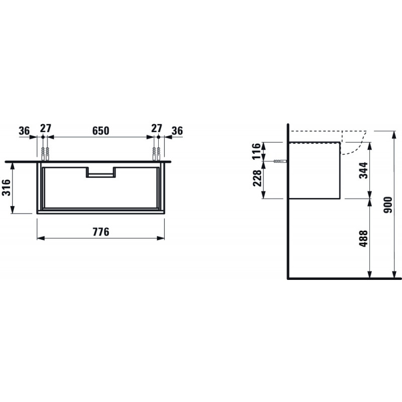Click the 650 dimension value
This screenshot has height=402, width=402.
click(101, 131)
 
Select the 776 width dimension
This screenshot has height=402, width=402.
click(101, 232)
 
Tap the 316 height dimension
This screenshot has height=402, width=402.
click(7, 187)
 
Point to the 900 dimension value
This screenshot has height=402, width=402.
click(387, 205)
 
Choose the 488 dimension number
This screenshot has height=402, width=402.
click(363, 238)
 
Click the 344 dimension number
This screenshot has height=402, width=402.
click(363, 170)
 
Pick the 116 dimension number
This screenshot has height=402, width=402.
click(256, 151)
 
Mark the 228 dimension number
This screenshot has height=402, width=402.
click(257, 178)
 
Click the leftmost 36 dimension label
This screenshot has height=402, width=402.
click(24, 131)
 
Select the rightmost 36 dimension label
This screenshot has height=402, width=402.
click(177, 131)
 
